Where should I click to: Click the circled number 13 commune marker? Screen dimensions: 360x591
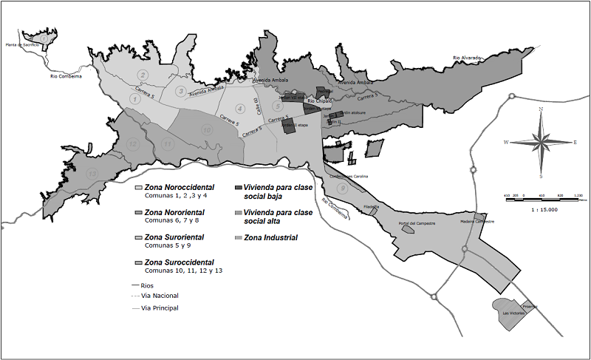(92, 173)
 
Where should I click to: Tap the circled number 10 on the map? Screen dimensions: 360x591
(207, 130)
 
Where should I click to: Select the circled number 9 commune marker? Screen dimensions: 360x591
(342, 189)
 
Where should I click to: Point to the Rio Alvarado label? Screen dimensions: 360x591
(467, 57)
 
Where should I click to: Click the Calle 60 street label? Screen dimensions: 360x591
(256, 105)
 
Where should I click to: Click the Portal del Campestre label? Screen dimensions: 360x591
(417, 223)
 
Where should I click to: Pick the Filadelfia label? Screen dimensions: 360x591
(371, 206)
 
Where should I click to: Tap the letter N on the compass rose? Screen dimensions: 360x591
(542, 109)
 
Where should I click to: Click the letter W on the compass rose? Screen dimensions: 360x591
(507, 141)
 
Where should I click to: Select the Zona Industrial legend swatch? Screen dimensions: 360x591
(238, 238)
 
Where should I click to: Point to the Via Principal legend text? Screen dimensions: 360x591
(159, 308)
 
